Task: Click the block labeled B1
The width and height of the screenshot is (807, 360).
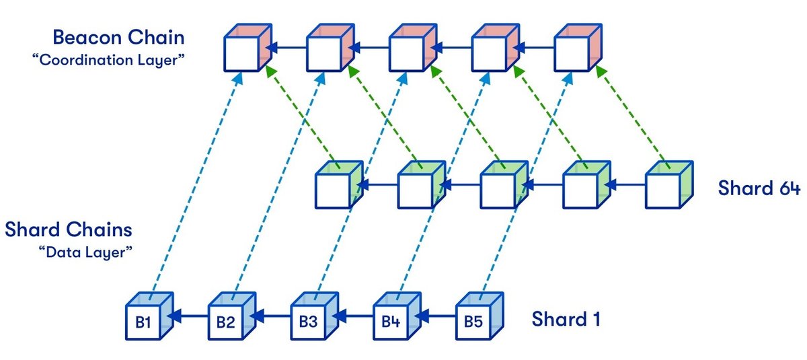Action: point(146,319)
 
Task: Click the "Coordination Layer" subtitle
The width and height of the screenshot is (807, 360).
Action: point(108,60)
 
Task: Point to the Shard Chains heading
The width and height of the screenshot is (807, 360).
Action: point(68,230)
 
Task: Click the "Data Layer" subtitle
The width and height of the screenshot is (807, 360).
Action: point(92,252)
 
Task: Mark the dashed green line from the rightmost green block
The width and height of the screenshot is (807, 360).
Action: point(632,114)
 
